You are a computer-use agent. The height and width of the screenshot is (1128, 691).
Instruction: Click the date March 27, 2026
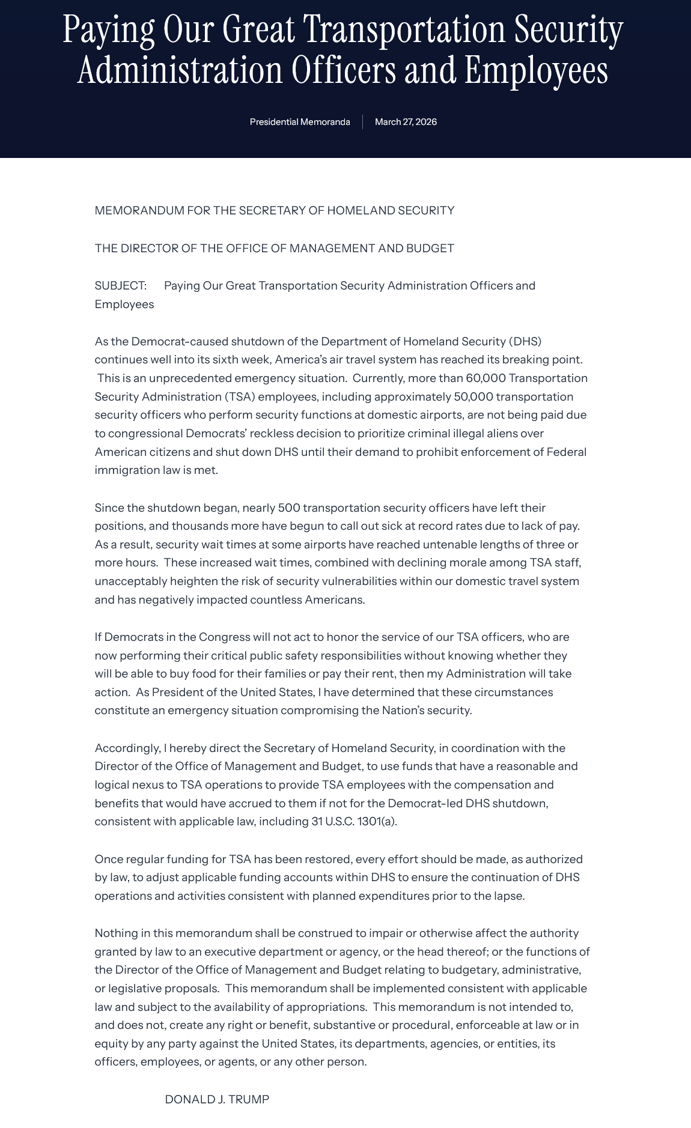tap(406, 122)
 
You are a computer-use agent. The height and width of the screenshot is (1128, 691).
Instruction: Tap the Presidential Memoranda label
tap(300, 122)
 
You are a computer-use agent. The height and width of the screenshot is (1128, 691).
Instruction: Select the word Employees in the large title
tap(536, 71)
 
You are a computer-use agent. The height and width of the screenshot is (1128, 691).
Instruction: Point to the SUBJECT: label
tap(120, 285)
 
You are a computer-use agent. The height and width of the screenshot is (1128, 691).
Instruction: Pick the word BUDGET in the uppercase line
tap(433, 248)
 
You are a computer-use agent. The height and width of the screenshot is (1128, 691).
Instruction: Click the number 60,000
tap(486, 378)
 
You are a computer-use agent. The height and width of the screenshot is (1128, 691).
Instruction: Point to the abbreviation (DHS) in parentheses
tap(525, 341)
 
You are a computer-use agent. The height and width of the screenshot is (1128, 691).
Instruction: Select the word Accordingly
tap(127, 748)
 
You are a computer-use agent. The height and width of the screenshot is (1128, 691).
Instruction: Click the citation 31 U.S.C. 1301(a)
tap(354, 822)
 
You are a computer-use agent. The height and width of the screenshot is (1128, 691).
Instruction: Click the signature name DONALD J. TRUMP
tap(217, 1099)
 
